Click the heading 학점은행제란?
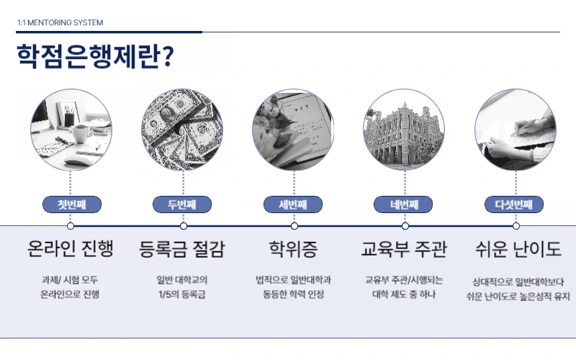click(95, 57)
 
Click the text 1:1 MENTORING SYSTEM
click(60, 23)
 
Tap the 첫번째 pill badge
click(72, 204)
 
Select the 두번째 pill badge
click(182, 204)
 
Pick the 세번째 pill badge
click(293, 204)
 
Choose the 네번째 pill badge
click(403, 204)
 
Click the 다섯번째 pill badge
click(514, 204)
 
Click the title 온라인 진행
click(71, 248)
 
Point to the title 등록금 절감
click(182, 248)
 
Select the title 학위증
click(293, 248)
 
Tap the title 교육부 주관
click(404, 248)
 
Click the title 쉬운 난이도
click(518, 248)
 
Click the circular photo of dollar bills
click(182, 130)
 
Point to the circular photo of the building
click(404, 130)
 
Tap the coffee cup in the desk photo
click(81, 134)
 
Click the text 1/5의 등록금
click(182, 294)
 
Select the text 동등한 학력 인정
click(294, 294)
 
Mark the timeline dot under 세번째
click(294, 226)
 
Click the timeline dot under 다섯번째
click(516, 226)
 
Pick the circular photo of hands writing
click(516, 130)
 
